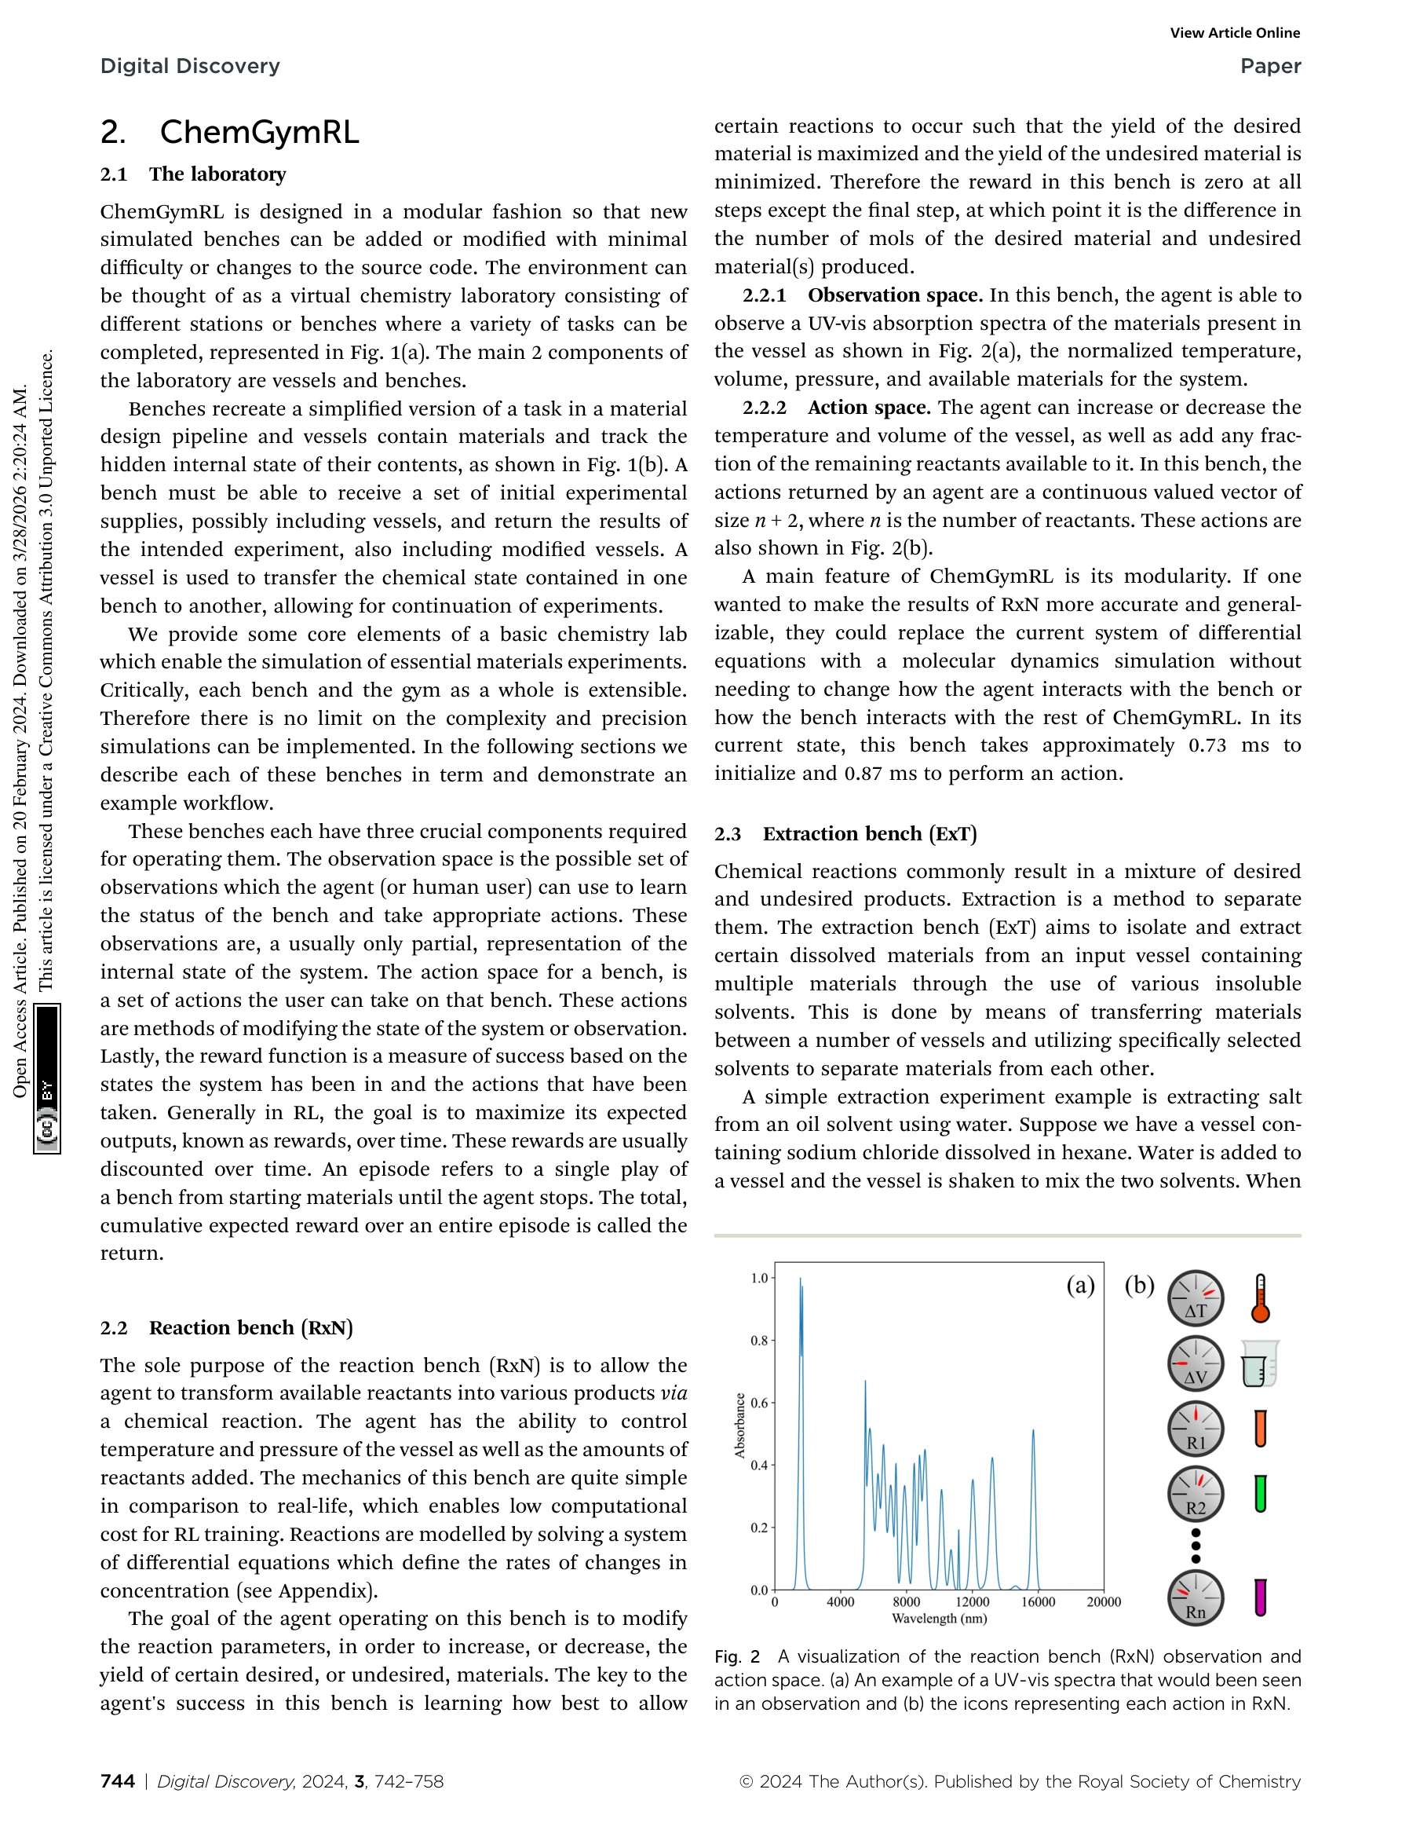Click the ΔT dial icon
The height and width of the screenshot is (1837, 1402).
1195,1298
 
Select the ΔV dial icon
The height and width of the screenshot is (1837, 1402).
1195,1364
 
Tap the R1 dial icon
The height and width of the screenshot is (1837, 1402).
1195,1429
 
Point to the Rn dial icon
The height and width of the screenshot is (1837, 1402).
1195,1598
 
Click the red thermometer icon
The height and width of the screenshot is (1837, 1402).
1260,1298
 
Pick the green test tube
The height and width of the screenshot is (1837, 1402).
1260,1494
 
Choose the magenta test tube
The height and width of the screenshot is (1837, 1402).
1260,1597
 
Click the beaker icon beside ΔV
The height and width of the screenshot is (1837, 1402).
1258,1364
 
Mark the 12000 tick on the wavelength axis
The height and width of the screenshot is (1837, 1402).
973,1601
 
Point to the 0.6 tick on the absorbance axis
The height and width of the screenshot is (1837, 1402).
758,1403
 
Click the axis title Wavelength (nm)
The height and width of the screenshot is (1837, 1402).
939,1618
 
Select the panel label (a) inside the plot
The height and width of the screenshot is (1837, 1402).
1080,1285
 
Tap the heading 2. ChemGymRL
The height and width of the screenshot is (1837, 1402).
229,132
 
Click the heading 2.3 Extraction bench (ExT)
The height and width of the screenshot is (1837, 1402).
845,834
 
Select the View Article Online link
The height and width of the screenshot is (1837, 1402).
1234,32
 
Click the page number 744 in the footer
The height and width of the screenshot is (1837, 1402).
118,1781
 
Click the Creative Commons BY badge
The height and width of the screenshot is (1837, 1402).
47,1078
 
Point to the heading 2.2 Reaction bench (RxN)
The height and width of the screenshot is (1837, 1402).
226,1327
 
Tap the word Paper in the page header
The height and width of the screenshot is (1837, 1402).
1269,66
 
